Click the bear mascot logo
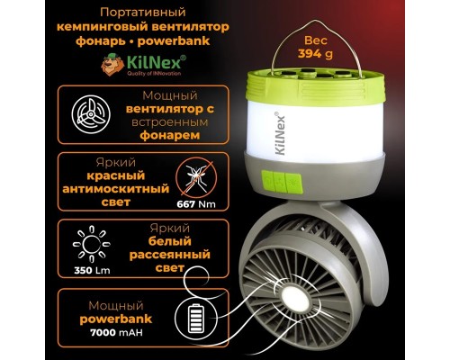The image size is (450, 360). coord(112,64)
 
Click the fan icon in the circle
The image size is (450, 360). coord(91,114)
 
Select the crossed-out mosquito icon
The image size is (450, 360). coord(196,179)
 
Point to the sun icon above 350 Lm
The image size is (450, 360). coord(92,244)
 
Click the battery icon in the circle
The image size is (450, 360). coord(196,319)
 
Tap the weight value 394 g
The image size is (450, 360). coord(315,54)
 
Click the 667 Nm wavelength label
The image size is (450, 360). coord(196,204)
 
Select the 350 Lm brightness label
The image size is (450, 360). coord(92,270)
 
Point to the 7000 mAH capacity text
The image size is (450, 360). coord(116,332)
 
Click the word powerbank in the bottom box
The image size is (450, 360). coord(116,319)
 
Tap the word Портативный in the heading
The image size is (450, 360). coord(143,13)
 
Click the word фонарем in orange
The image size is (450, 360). coord(170,135)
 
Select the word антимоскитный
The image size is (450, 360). coord(116,189)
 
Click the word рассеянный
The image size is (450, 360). coord(170,255)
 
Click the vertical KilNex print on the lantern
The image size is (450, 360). coord(280,134)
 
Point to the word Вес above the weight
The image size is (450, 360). coord(316,40)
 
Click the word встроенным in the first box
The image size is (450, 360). coord(170,122)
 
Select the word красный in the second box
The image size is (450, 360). coord(116,175)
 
